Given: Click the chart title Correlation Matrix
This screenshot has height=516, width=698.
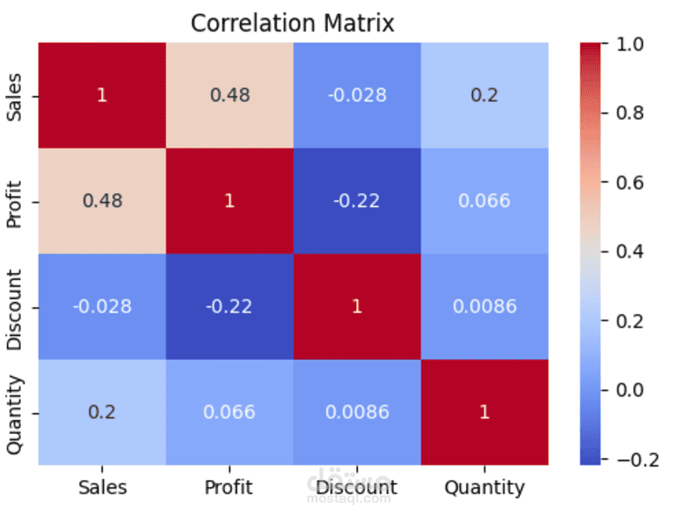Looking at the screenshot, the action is click(x=292, y=24).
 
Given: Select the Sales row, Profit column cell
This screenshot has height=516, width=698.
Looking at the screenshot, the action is click(x=229, y=95).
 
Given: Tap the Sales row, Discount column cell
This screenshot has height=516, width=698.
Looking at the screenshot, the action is click(x=357, y=95).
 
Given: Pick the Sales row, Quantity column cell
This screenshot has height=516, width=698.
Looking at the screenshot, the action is click(x=485, y=95).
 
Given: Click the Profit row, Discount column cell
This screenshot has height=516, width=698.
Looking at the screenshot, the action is click(x=357, y=201).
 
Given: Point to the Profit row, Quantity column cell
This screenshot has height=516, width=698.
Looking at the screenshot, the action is click(x=485, y=201).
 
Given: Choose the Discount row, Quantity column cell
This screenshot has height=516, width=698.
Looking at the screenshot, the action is click(x=485, y=306).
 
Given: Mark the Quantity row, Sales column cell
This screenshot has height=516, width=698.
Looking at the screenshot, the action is click(x=102, y=412).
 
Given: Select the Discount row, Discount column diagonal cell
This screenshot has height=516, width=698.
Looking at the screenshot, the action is click(x=357, y=306).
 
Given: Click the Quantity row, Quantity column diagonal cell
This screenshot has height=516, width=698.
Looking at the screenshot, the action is click(x=485, y=412).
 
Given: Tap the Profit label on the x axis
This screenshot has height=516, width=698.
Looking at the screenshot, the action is click(x=229, y=487).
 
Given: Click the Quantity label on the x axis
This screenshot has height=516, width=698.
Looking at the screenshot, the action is click(x=484, y=488).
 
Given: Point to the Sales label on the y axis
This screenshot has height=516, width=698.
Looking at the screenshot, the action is click(x=14, y=97).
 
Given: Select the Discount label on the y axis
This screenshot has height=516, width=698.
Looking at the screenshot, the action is click(x=14, y=309).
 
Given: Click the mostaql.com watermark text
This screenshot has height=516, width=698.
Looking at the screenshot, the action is click(x=349, y=499).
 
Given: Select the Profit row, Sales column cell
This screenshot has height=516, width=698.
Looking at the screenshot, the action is click(x=102, y=201).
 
